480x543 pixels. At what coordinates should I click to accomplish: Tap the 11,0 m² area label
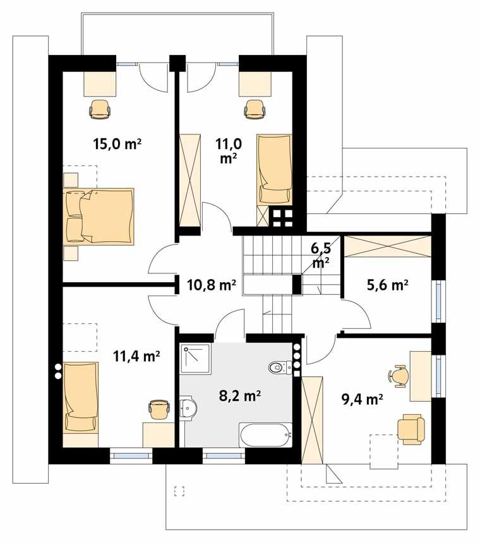tap(229, 150)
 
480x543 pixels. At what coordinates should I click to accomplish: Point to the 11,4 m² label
tap(136, 357)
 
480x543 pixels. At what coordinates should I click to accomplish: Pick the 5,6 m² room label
tap(387, 285)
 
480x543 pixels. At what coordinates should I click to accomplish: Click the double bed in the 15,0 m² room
tap(99, 215)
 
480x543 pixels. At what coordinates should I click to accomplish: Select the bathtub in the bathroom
tap(265, 434)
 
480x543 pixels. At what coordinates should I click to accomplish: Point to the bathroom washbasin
tap(186, 409)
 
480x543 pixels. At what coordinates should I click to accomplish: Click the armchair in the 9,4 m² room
tap(411, 428)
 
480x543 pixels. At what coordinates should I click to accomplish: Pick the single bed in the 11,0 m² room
tap(275, 169)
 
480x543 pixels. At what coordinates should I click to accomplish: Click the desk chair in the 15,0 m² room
tap(101, 109)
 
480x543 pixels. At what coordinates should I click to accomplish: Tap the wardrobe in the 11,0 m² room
tap(189, 180)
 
